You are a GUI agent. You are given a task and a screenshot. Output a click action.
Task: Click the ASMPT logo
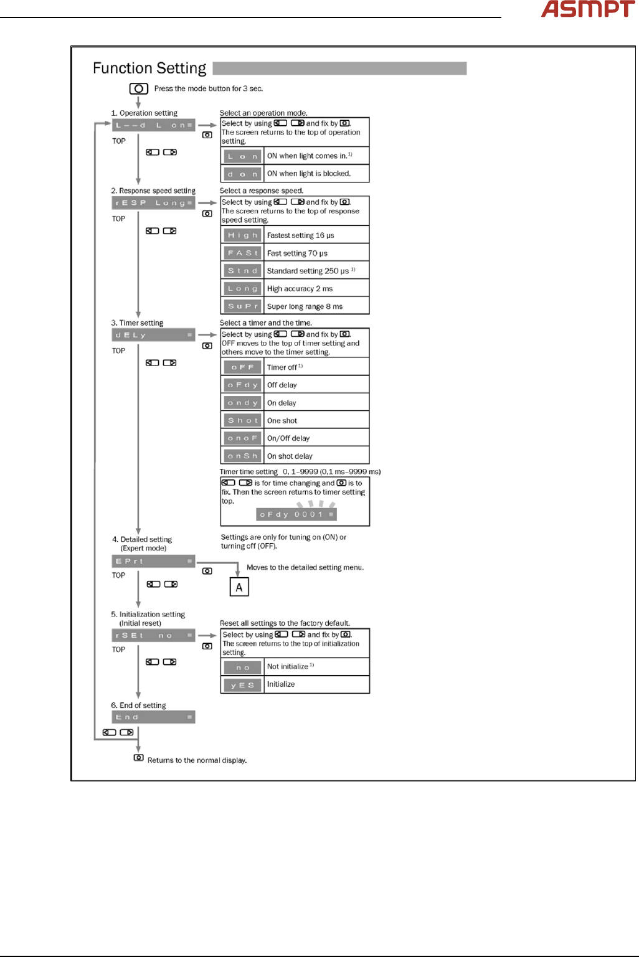click(587, 9)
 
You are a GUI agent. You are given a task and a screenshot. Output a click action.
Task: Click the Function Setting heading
click(149, 68)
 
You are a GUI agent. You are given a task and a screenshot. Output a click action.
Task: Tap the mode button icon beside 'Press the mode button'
click(138, 88)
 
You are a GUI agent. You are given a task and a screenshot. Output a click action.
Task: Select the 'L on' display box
click(242, 156)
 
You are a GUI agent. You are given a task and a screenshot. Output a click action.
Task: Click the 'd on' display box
click(242, 174)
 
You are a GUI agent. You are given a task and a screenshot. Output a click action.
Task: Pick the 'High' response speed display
click(242, 235)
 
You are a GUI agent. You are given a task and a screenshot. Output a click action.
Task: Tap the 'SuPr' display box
click(242, 306)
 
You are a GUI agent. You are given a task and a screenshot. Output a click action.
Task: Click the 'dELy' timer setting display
click(153, 335)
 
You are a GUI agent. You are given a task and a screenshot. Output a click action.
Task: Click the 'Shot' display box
click(242, 420)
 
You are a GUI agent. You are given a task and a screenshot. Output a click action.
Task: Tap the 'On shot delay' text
click(290, 456)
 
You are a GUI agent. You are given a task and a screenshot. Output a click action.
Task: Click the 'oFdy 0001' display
click(296, 514)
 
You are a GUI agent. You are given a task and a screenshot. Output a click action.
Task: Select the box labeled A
click(239, 587)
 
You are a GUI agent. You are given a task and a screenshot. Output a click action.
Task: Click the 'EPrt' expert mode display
click(153, 561)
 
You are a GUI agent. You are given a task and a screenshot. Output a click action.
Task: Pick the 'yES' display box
click(242, 685)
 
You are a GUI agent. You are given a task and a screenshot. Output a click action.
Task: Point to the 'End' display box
click(153, 717)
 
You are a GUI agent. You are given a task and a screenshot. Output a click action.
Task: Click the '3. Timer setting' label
click(137, 323)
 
